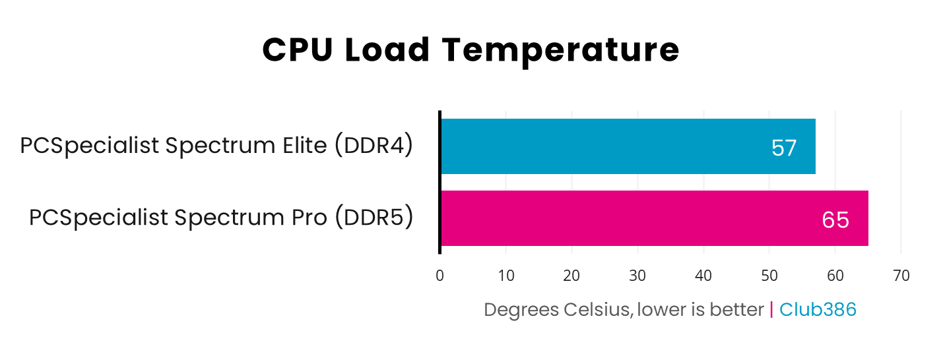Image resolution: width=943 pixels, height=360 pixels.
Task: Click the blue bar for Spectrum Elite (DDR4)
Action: point(627,146)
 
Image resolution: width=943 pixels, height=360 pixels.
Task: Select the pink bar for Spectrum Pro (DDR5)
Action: point(653,218)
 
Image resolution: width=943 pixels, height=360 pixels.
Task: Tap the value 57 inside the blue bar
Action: point(784,148)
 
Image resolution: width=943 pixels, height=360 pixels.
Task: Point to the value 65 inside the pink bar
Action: point(835,220)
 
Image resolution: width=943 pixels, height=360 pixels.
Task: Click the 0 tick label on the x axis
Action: point(440,276)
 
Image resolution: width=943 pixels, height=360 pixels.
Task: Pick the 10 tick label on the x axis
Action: point(506,276)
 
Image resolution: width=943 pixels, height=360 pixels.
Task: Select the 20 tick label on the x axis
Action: point(571,276)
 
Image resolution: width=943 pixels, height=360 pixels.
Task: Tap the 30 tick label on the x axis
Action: point(637,276)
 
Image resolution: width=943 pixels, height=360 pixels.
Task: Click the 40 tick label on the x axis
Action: point(703,276)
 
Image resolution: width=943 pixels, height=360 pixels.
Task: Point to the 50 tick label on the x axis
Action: point(769,276)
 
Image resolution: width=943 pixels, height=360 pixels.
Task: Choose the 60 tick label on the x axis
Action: point(835,276)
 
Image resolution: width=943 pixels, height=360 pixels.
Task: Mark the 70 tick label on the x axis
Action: point(901,276)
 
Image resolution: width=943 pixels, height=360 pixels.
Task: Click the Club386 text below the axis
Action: point(818,309)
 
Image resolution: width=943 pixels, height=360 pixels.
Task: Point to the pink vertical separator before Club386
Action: point(771,309)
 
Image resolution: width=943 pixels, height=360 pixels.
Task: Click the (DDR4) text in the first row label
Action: point(374,146)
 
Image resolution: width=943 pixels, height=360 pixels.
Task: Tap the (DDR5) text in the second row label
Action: point(374,218)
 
